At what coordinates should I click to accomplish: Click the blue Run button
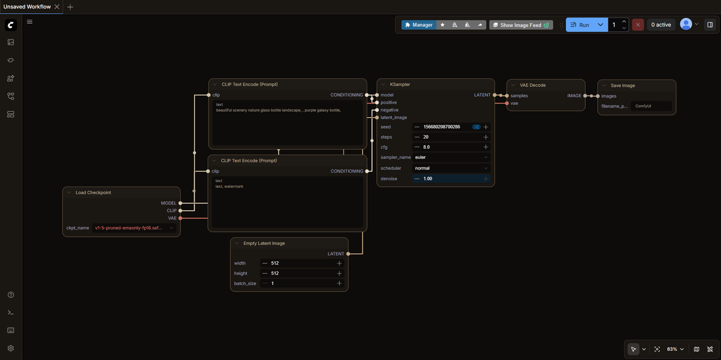tap(580, 25)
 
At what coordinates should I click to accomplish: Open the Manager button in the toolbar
tap(419, 25)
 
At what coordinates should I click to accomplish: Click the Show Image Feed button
tap(521, 25)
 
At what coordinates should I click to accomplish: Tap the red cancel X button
tap(638, 25)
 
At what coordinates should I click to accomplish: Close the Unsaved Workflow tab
tap(57, 7)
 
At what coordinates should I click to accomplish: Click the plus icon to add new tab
tap(70, 7)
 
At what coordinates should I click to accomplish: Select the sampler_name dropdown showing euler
tap(451, 157)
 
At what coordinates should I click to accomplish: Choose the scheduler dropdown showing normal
tap(451, 168)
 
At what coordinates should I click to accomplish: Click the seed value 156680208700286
tap(442, 127)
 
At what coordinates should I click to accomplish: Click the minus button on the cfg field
tap(417, 147)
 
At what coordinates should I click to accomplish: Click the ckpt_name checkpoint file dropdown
tap(134, 228)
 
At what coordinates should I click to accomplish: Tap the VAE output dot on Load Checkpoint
tap(180, 218)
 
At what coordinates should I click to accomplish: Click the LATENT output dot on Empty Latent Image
tap(348, 254)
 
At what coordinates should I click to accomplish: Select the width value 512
tap(275, 263)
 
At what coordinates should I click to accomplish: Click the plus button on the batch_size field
tap(339, 283)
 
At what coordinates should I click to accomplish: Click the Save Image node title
tap(622, 86)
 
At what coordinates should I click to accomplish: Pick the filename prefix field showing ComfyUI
tap(652, 106)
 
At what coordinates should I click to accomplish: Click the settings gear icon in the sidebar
tap(11, 348)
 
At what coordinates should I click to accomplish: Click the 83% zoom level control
tap(675, 349)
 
